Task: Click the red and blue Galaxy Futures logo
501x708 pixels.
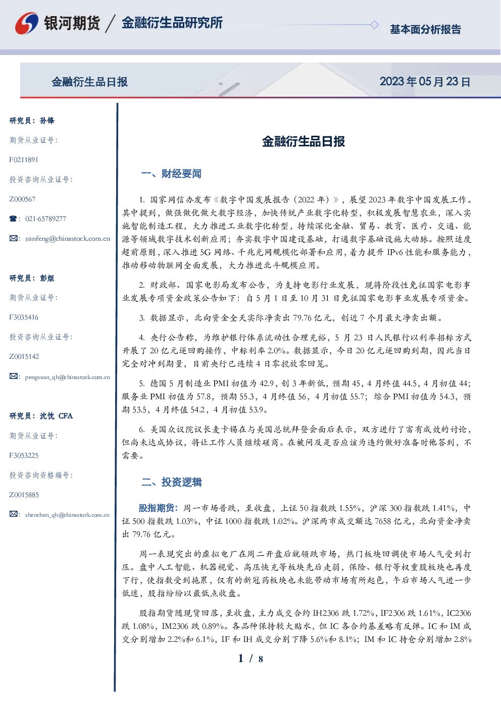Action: [x=27, y=23]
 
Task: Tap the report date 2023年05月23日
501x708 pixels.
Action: [x=425, y=82]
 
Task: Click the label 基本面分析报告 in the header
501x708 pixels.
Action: [x=425, y=29]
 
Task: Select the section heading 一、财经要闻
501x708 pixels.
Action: [x=171, y=174]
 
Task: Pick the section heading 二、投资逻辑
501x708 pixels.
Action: [x=171, y=482]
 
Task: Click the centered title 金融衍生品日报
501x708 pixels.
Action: [x=304, y=141]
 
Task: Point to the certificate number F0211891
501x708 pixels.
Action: [x=24, y=159]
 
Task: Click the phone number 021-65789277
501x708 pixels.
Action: [x=45, y=219]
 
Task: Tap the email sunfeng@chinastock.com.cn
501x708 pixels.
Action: [x=68, y=239]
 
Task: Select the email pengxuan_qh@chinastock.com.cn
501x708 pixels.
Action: [x=68, y=377]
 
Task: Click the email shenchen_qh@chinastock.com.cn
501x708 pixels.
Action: [x=67, y=515]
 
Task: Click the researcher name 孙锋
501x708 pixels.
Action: [x=47, y=121]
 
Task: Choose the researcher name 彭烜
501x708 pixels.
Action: [x=47, y=278]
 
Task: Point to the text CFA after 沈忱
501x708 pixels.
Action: [x=66, y=416]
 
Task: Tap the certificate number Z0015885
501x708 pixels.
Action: [x=24, y=495]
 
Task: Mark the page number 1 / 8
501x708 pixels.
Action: [x=250, y=659]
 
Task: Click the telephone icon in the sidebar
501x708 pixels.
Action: [x=13, y=219]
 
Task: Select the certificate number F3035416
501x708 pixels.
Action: [x=24, y=317]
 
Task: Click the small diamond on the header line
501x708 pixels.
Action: [x=374, y=25]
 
